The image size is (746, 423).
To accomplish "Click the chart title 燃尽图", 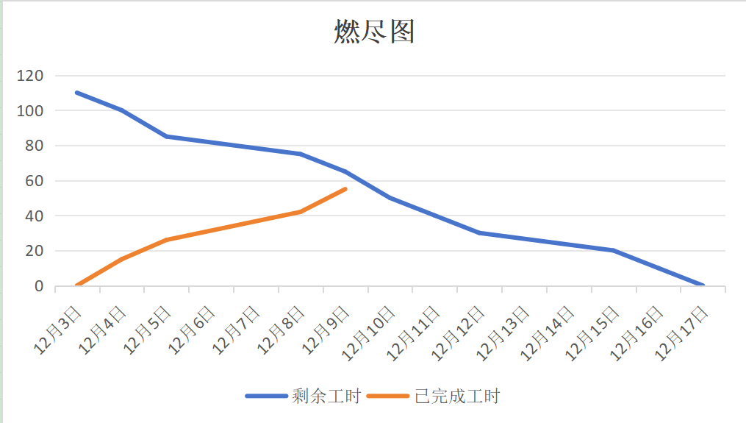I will point(374,32).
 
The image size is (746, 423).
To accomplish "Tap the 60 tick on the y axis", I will point(35,181).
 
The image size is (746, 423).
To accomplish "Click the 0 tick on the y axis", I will point(39,286).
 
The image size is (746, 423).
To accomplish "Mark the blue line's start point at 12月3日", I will point(77,93).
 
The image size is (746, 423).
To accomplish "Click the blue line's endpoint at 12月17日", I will point(703,285).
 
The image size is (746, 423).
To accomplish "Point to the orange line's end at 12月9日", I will point(345,189).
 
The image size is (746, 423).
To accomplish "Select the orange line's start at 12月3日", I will point(77,285).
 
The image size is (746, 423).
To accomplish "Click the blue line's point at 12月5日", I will point(167,136).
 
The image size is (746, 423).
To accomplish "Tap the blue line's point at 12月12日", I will point(479,233).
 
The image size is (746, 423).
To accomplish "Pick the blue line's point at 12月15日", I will point(613,250).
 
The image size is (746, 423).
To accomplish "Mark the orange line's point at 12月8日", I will point(301,212).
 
